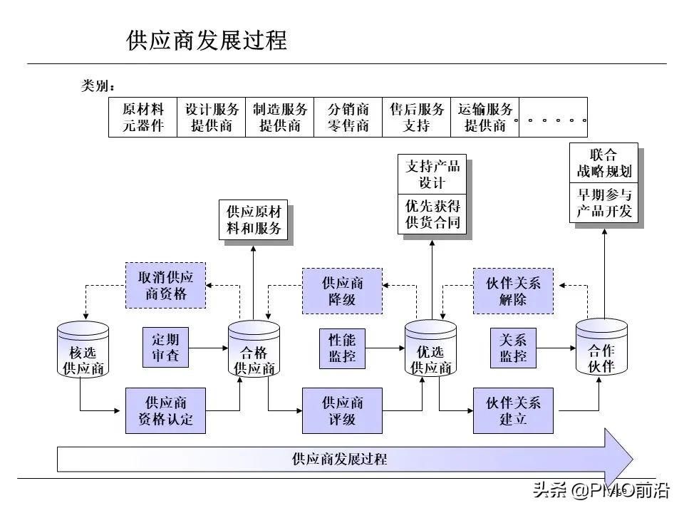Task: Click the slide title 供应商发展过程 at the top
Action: [x=207, y=40]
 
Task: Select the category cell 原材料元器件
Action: [x=142, y=118]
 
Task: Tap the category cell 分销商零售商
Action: [x=348, y=118]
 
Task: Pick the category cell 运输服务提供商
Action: [x=484, y=118]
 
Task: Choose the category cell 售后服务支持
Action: [x=416, y=118]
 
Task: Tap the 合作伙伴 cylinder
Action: [x=601, y=348]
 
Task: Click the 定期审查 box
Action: [x=165, y=347]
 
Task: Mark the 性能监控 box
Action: [x=342, y=347]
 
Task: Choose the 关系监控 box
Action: [x=513, y=347]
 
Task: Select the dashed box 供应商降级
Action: [x=342, y=291]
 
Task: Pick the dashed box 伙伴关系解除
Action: [x=513, y=291]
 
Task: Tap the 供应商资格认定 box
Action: [x=165, y=410]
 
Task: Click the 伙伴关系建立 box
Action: [x=513, y=410]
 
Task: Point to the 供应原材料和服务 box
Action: [x=254, y=221]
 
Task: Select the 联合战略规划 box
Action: [x=603, y=163]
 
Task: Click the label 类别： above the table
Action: [x=98, y=86]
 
